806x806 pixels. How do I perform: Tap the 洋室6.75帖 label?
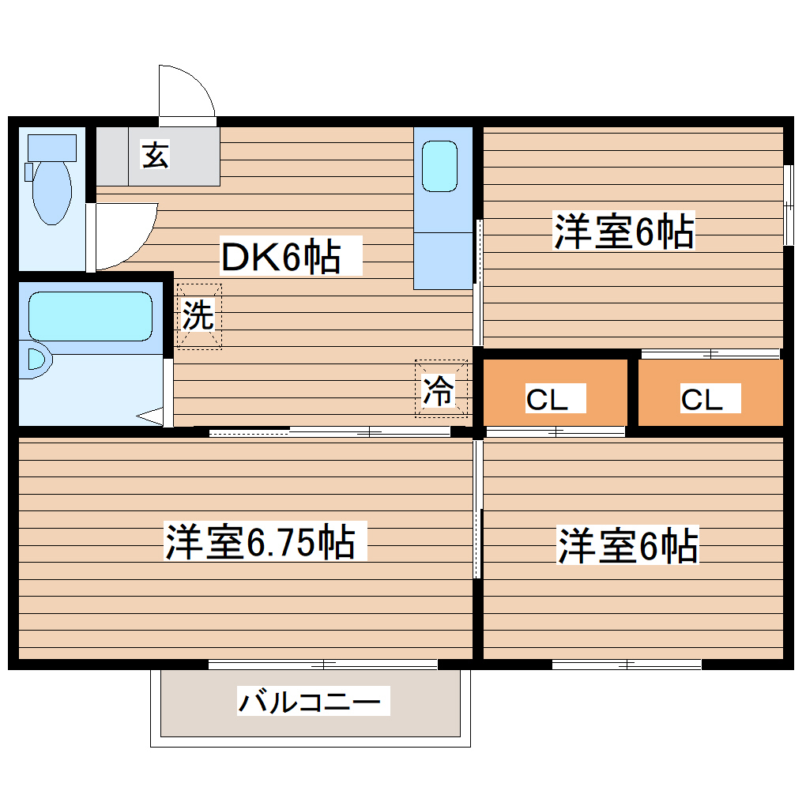click(x=260, y=542)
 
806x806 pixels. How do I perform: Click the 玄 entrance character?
click(x=155, y=156)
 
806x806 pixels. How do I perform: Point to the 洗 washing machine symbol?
click(x=198, y=316)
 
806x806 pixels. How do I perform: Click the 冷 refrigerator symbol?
click(x=440, y=390)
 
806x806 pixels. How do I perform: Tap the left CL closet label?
click(x=547, y=400)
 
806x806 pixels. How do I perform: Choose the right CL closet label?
click(x=702, y=400)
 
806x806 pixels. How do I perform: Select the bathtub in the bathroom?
click(x=89, y=316)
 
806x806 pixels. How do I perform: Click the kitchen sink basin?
click(x=439, y=166)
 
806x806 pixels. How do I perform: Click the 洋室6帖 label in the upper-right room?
click(x=624, y=232)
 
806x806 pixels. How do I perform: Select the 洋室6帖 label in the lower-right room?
click(x=628, y=546)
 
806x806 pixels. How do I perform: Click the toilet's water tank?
click(x=52, y=146)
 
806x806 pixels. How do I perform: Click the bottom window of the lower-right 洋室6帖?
click(x=627, y=665)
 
